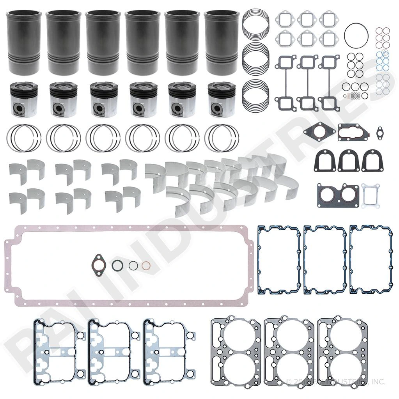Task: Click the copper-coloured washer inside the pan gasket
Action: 146,265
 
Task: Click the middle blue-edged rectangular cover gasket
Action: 325,259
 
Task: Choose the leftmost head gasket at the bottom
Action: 236,354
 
